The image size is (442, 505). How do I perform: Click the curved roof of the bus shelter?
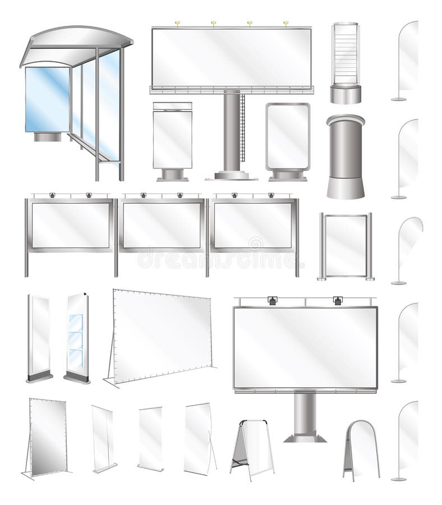click(x=79, y=39)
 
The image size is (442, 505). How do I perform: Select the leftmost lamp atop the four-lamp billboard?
click(x=177, y=24)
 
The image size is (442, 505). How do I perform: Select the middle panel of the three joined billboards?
click(x=162, y=224)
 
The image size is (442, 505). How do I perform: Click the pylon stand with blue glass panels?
click(x=76, y=337)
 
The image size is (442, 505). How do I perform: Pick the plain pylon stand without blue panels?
click(x=39, y=337)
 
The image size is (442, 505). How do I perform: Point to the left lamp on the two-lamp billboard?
click(x=273, y=301)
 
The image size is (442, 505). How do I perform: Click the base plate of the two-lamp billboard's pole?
click(x=305, y=437)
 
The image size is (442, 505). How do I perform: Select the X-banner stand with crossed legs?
click(x=197, y=438)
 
